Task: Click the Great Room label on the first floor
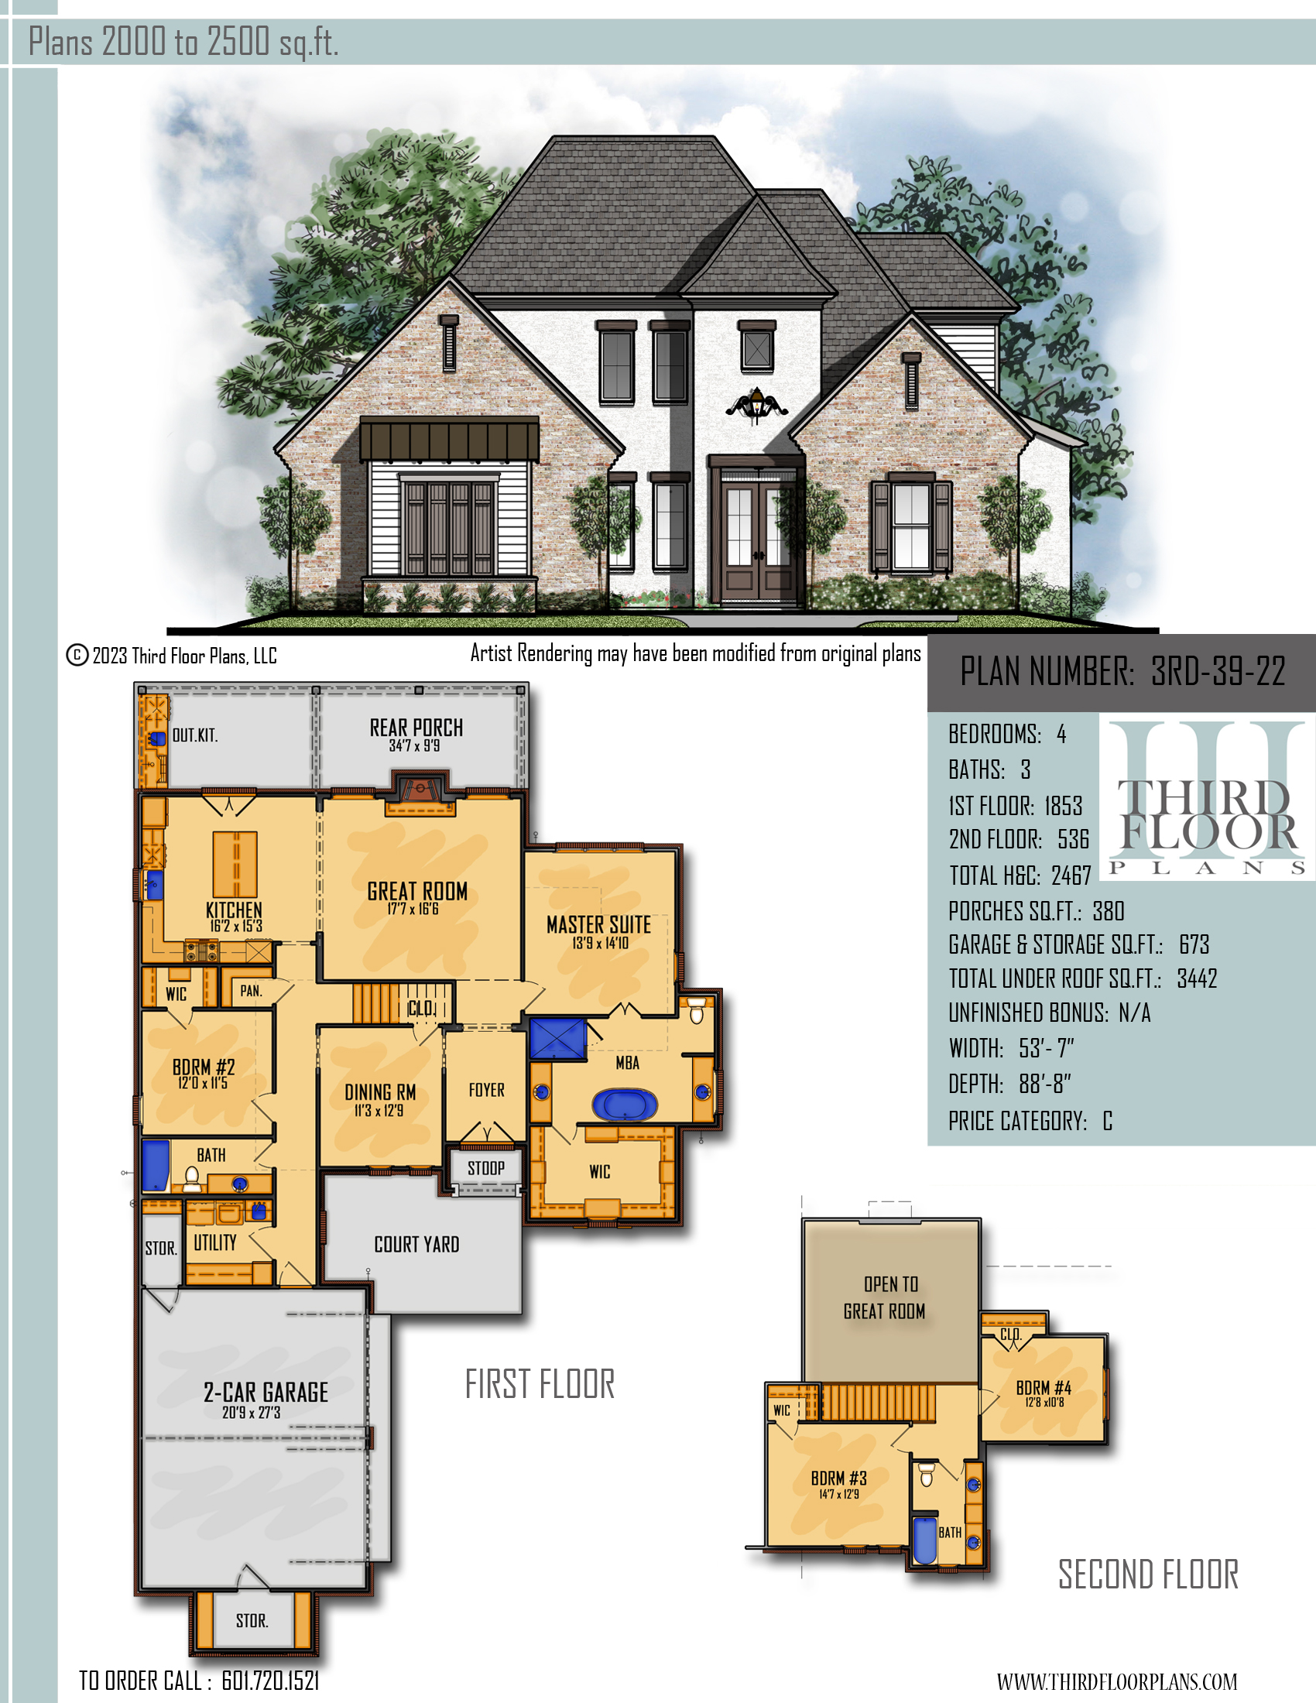(x=417, y=891)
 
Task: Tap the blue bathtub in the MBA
(x=625, y=1104)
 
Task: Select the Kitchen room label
(x=234, y=910)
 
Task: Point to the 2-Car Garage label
(x=266, y=1392)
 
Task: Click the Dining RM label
(x=380, y=1091)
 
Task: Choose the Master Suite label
(x=598, y=925)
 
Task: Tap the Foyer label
(x=486, y=1090)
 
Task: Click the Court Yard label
(x=416, y=1245)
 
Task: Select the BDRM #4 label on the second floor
(x=1044, y=1388)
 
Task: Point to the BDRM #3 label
(x=839, y=1479)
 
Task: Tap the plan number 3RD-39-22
(x=1218, y=671)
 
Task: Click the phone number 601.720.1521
(x=270, y=1681)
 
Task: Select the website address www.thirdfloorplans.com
(x=1117, y=1682)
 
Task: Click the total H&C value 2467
(x=1071, y=875)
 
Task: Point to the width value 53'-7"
(x=1047, y=1049)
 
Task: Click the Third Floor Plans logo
(x=1207, y=797)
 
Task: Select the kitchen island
(x=235, y=864)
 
